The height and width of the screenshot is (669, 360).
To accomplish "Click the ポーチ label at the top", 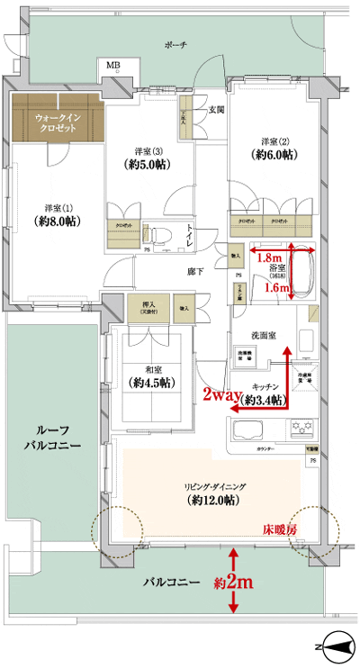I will tap(175, 45).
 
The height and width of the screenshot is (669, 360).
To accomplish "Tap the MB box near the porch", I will tap(113, 67).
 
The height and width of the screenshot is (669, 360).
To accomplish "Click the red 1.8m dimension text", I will tap(269, 257).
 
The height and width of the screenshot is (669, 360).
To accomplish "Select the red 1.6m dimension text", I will tap(280, 287).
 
